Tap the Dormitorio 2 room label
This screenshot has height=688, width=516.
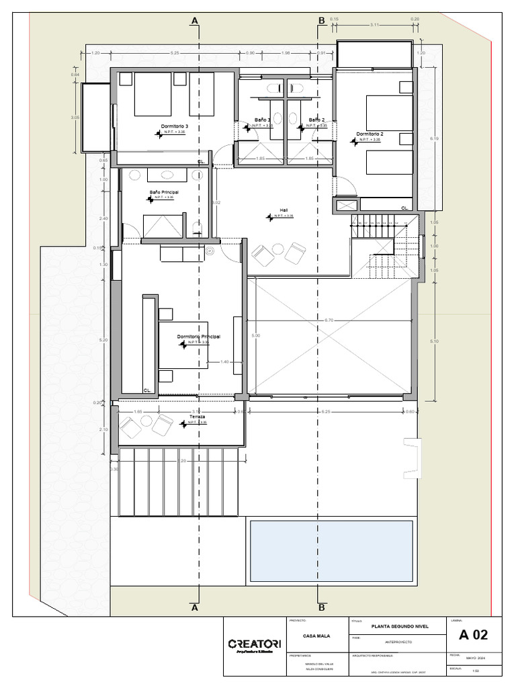point(370,134)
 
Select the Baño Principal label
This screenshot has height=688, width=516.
point(164,191)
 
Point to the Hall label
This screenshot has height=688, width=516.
point(284,210)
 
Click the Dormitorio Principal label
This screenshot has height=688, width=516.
point(199,336)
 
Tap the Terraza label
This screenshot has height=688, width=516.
point(197,417)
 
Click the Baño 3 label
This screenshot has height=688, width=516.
point(262,120)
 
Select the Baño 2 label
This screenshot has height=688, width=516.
point(317,120)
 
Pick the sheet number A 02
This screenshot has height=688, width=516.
point(474,635)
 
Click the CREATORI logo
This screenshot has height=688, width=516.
point(250,644)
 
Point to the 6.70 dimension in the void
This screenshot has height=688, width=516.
point(329,320)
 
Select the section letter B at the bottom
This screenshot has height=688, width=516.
point(321,607)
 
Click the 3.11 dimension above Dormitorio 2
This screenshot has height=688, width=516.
point(374,25)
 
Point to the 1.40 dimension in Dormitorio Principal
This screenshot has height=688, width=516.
point(225,362)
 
